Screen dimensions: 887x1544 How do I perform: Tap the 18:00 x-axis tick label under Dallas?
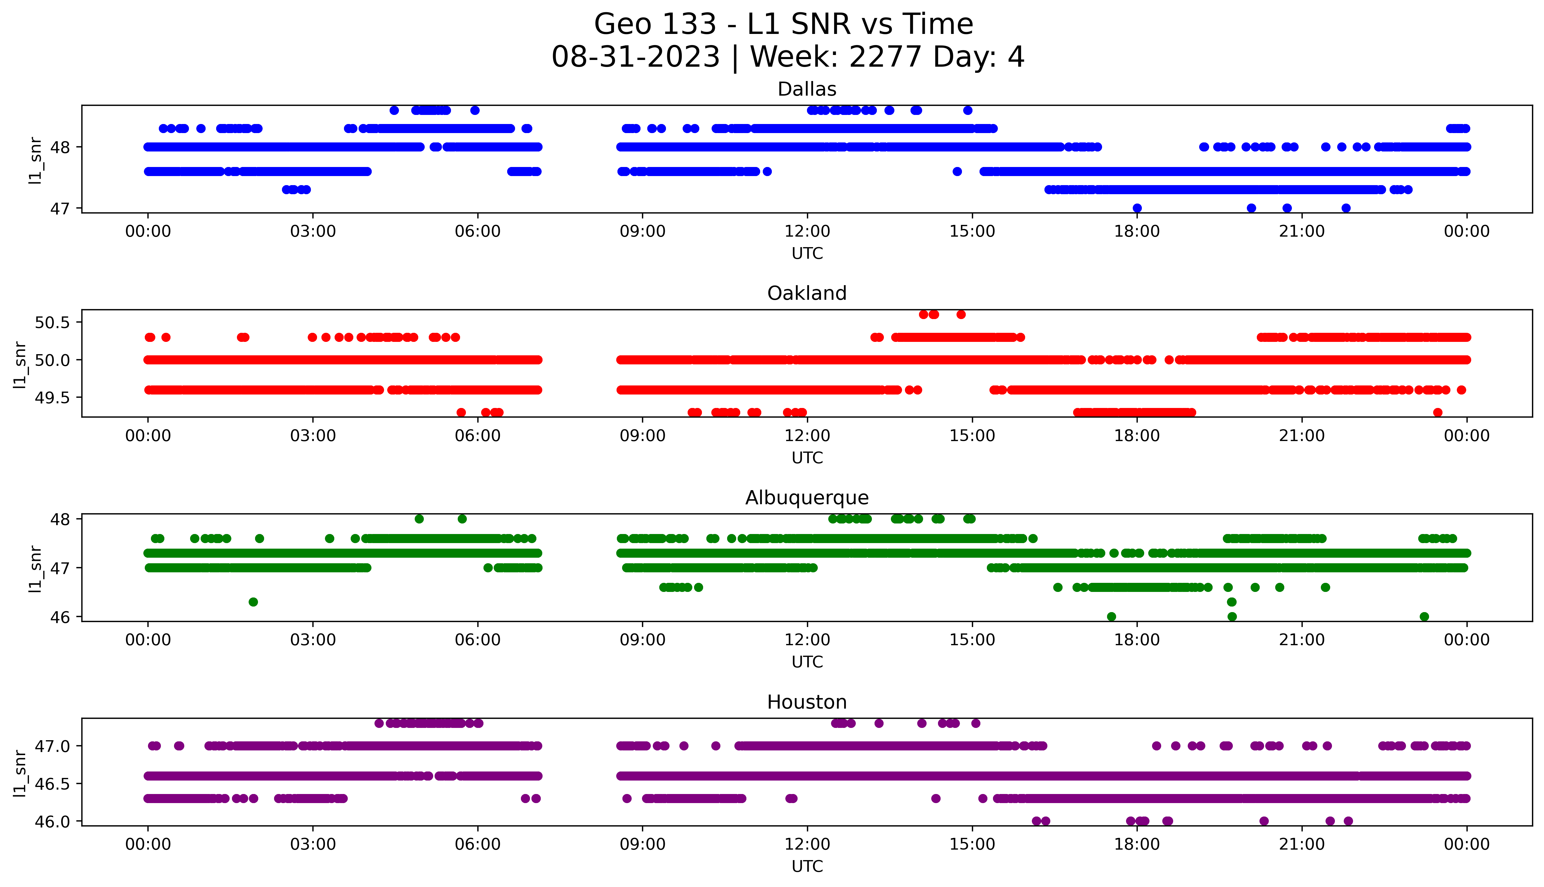[1137, 232]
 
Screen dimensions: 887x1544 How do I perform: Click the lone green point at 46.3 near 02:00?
[253, 602]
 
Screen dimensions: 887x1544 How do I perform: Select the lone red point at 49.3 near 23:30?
[1438, 412]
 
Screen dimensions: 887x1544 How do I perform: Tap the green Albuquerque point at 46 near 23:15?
[1424, 616]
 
